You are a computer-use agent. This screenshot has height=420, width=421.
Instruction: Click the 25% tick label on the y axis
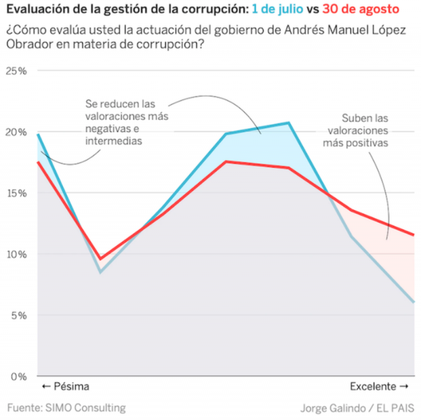point(16,71)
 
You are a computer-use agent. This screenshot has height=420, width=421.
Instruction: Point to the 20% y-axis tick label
point(16,132)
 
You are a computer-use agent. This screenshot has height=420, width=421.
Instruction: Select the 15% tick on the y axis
point(16,193)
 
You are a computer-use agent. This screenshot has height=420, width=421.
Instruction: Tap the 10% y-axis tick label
point(16,254)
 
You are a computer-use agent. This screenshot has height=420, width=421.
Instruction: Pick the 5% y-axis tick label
point(18,315)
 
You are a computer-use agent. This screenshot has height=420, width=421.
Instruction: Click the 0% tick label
point(18,376)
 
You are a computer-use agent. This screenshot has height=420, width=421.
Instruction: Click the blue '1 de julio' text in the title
point(277,9)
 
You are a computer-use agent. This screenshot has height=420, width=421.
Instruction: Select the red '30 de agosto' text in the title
point(360,9)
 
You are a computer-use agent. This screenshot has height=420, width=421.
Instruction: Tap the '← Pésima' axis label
point(65,387)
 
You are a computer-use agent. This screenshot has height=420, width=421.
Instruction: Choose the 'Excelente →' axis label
point(379,387)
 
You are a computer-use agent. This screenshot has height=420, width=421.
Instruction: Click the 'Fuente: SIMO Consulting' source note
point(66,407)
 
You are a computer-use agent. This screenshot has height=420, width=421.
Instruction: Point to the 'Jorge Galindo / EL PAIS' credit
point(357,408)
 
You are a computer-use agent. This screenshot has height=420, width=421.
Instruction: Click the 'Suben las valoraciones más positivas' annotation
point(357,131)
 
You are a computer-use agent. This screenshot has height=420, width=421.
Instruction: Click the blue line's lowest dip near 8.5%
point(100,272)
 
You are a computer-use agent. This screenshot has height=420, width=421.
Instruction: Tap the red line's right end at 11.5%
point(413,235)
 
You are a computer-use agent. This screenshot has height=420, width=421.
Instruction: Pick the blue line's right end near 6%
point(413,302)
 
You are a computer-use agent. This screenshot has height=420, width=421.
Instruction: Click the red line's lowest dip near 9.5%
point(100,259)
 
